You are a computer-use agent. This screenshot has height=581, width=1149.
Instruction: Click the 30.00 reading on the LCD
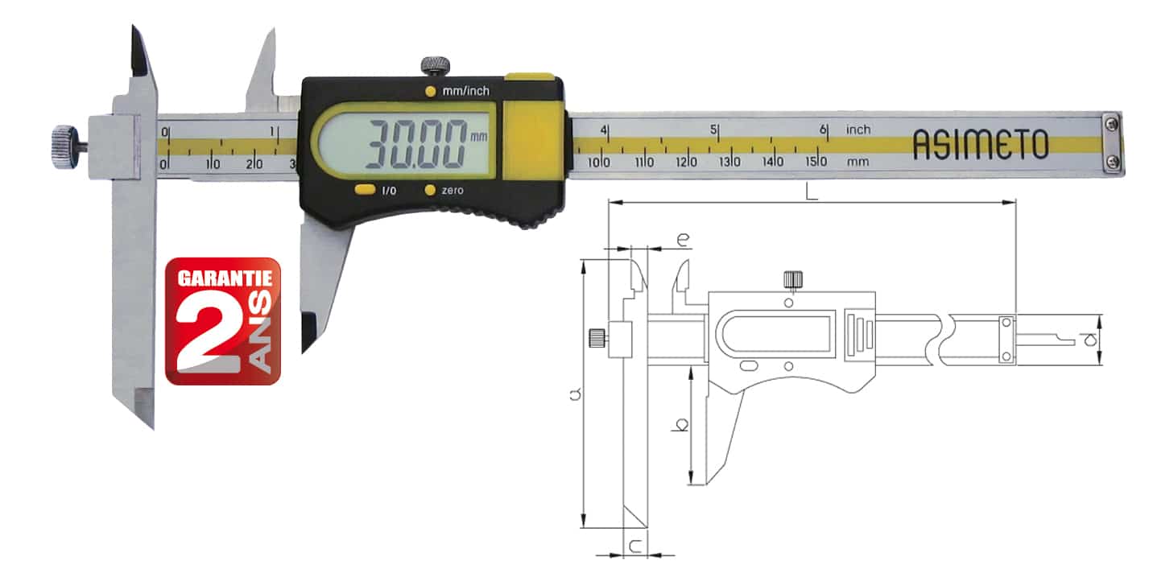coord(416,145)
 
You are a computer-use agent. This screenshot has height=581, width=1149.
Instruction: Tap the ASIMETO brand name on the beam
coord(980,145)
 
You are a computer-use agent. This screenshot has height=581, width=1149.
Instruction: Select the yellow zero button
coord(430,190)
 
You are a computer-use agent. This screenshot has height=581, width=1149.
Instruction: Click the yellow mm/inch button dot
coord(430,91)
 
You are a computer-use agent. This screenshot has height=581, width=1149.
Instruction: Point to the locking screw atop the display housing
coord(436,66)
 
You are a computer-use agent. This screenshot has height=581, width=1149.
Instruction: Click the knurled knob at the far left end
coord(64,146)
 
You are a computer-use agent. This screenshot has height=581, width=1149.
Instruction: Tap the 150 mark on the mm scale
coord(816,162)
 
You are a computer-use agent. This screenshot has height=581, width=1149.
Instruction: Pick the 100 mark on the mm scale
coord(598,163)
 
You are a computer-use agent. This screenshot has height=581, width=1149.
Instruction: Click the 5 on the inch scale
coord(713,130)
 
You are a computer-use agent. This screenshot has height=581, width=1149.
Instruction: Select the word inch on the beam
coord(858,130)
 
